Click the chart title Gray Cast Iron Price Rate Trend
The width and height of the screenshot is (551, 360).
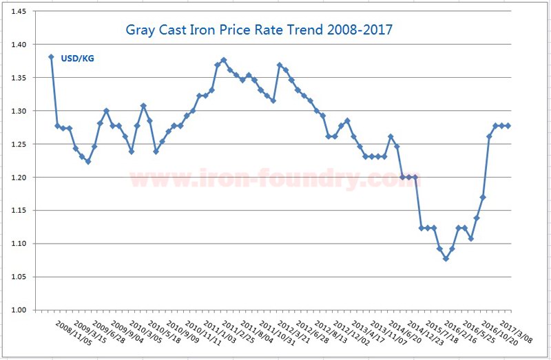point(259,31)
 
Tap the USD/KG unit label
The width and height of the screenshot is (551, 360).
point(77,59)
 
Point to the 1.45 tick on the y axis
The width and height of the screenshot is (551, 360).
point(19,12)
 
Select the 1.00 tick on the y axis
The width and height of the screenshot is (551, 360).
point(19,310)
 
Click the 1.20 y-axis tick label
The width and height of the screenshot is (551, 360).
point(19,178)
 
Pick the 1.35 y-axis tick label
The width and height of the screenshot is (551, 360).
point(19,78)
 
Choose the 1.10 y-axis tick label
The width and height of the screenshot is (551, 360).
point(19,244)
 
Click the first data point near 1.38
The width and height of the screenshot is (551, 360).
point(51,57)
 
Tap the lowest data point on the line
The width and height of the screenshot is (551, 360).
point(446,259)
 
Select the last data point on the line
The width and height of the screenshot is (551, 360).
point(508,125)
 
